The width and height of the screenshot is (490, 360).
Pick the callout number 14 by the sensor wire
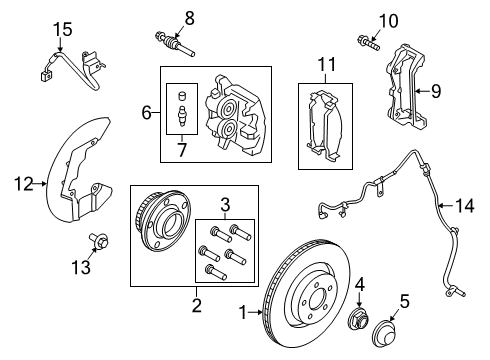tap(461, 206)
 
